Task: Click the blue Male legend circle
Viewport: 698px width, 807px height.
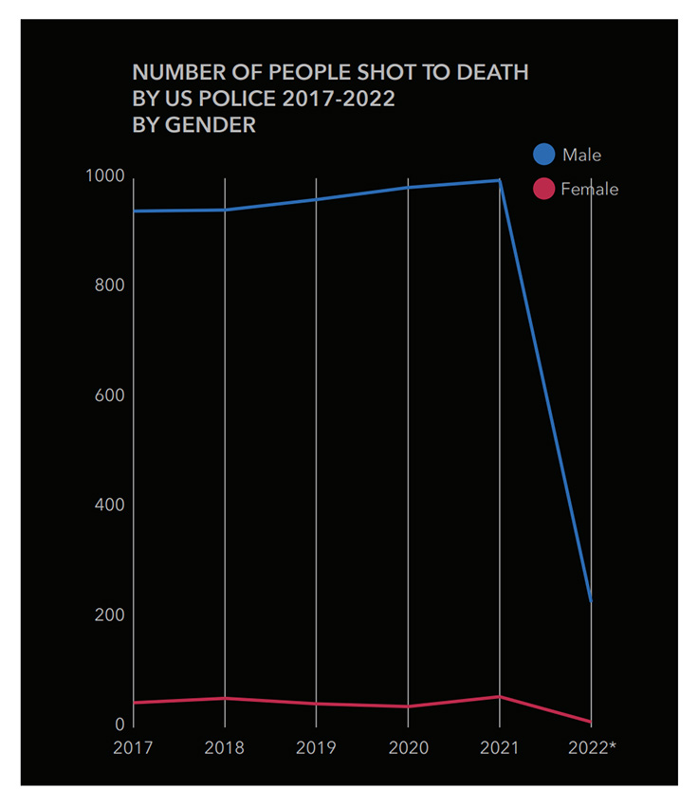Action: [x=543, y=154]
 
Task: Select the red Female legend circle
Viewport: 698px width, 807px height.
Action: [x=543, y=189]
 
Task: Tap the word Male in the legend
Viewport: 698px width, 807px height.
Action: [x=581, y=155]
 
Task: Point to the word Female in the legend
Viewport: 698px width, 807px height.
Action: [x=589, y=190]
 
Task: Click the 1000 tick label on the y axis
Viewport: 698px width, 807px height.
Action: [x=103, y=176]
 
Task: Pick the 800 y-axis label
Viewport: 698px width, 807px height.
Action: [x=109, y=286]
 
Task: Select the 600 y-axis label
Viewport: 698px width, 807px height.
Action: [x=109, y=395]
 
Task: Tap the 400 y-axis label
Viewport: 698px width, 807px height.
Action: [x=109, y=505]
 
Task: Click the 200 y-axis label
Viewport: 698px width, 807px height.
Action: [x=109, y=615]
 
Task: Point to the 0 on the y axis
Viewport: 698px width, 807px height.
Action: [x=119, y=724]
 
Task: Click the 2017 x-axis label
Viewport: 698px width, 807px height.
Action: [x=132, y=748]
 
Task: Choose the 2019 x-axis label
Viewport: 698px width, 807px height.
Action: [x=316, y=748]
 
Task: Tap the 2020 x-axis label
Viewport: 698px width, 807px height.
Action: [x=408, y=748]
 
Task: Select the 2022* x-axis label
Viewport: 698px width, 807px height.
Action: [x=592, y=748]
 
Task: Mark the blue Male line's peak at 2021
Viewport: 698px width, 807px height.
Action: [x=499, y=180]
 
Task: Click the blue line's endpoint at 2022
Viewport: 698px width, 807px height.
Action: [x=591, y=600]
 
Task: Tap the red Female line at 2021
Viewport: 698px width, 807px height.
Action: [x=500, y=697]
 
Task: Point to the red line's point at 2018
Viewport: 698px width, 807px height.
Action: [x=225, y=698]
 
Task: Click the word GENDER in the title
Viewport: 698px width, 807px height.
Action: [x=209, y=124]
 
